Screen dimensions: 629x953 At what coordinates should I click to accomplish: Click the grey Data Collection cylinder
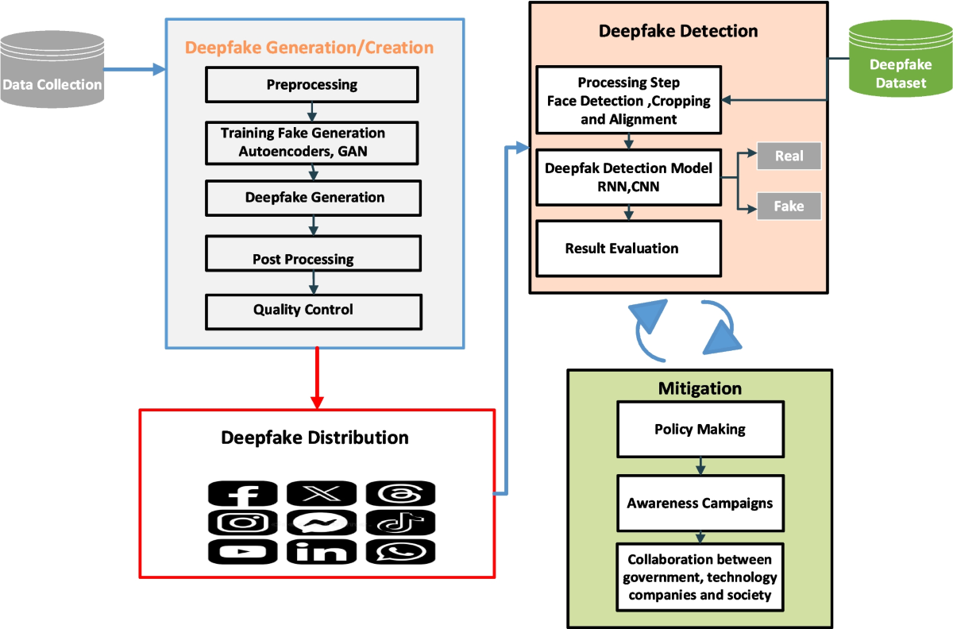pyautogui.click(x=52, y=71)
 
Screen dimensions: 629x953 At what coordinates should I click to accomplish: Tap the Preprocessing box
pyautogui.click(x=311, y=85)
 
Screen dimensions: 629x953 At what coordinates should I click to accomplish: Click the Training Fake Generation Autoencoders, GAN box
pyautogui.click(x=311, y=142)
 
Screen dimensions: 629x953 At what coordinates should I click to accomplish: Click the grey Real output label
pyautogui.click(x=789, y=156)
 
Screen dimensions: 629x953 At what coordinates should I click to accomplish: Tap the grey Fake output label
pyautogui.click(x=789, y=206)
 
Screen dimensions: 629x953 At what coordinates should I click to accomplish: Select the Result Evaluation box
pyautogui.click(x=628, y=249)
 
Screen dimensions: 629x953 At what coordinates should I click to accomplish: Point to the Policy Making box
pyautogui.click(x=700, y=429)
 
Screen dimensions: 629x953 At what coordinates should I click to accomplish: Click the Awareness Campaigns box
pyautogui.click(x=700, y=503)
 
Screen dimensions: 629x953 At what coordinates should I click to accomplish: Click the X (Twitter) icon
pyautogui.click(x=321, y=494)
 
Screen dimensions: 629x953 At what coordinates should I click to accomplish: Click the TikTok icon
pyautogui.click(x=400, y=523)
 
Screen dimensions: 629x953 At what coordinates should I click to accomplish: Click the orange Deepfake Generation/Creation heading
pyautogui.click(x=309, y=48)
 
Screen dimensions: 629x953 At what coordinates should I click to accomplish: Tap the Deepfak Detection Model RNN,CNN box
pyautogui.click(x=628, y=176)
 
